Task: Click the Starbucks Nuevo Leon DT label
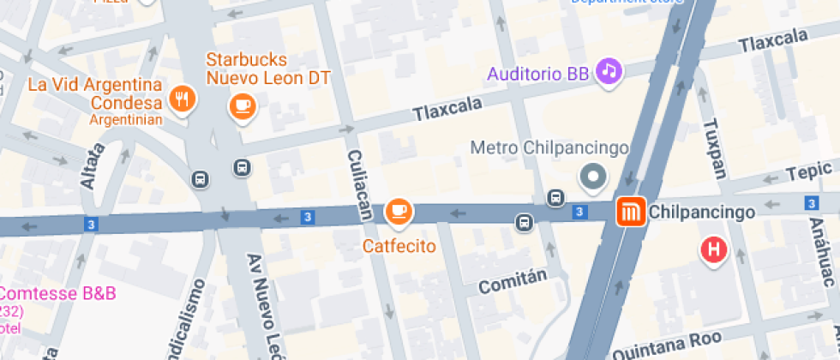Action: point(267,69)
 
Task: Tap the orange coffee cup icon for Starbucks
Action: point(243,105)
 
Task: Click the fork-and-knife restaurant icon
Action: point(182,100)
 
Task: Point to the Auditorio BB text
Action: point(538,74)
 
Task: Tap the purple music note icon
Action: point(609,71)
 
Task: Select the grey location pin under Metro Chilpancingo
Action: point(593,178)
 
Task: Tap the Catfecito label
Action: point(399,246)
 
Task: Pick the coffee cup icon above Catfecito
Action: point(398,211)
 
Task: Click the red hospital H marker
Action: point(713,250)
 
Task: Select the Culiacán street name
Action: point(359,183)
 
